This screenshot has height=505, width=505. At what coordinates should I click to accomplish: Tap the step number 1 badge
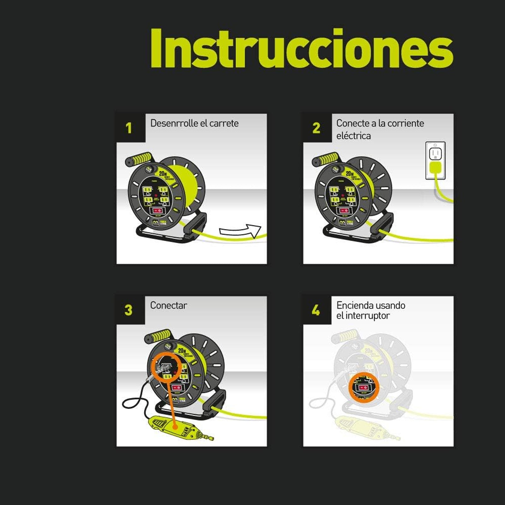(129, 128)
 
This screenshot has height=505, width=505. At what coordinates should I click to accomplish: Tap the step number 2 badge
(316, 128)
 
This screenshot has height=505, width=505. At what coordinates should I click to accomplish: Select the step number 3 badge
(128, 310)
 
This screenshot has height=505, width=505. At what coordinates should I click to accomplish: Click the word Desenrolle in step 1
(170, 123)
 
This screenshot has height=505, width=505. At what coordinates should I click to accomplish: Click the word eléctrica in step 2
(353, 136)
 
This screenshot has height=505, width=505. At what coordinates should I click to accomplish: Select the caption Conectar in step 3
(169, 305)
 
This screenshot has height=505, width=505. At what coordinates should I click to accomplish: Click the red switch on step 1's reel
(157, 211)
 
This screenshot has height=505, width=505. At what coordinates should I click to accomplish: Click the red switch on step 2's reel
(344, 211)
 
